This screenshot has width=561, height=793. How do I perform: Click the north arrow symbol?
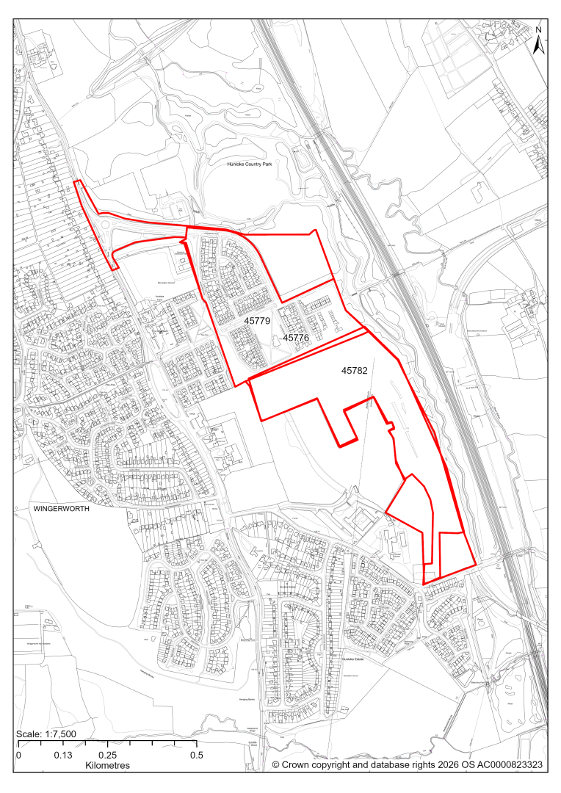tap(538, 46)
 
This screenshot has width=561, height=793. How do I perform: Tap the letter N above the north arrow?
tap(538, 30)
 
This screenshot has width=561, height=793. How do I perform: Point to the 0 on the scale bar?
tap(18, 755)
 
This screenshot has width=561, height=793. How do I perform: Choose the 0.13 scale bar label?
tap(62, 755)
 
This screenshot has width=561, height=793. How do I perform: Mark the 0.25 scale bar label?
tap(107, 755)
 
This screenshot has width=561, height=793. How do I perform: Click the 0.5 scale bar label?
tap(197, 755)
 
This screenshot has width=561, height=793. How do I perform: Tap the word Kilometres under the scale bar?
tap(103, 765)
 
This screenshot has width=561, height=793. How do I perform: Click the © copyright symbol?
tap(277, 765)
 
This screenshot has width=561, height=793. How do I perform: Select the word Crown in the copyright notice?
tap(299, 765)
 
